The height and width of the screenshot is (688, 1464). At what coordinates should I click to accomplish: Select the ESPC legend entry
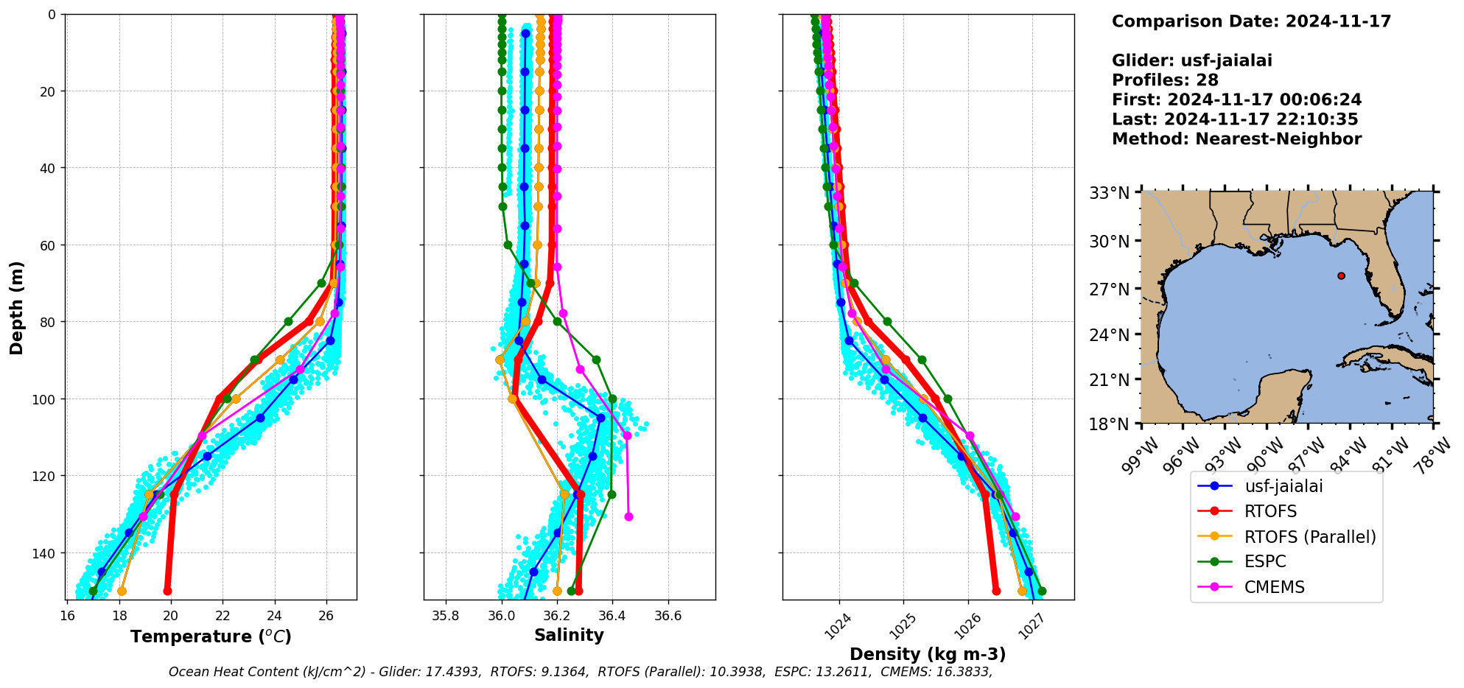pos(1265,561)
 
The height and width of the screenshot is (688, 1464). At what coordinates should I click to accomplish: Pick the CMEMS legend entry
pos(1274,587)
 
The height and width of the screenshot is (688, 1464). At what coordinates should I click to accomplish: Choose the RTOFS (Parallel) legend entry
pos(1310,537)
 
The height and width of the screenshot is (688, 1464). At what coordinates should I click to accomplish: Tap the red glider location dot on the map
pos(1341,275)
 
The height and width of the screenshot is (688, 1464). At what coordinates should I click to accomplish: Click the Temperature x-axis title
pos(211,636)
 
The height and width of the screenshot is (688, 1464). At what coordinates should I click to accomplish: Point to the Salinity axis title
pos(569,635)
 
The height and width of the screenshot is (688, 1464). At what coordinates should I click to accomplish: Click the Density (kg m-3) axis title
pos(928,654)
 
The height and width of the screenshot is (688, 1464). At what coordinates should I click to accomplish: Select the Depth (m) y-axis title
pos(16,307)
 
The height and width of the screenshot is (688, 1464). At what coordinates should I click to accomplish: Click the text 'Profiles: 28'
pos(1165,80)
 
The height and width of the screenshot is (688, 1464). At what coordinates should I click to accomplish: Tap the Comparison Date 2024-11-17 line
pos(1251,21)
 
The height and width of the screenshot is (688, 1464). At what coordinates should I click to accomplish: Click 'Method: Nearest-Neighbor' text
pos(1236,138)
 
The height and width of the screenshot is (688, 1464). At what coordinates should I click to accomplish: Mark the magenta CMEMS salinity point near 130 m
pos(628,516)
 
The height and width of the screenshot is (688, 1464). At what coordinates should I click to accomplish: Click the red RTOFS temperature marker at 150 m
pos(167,591)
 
